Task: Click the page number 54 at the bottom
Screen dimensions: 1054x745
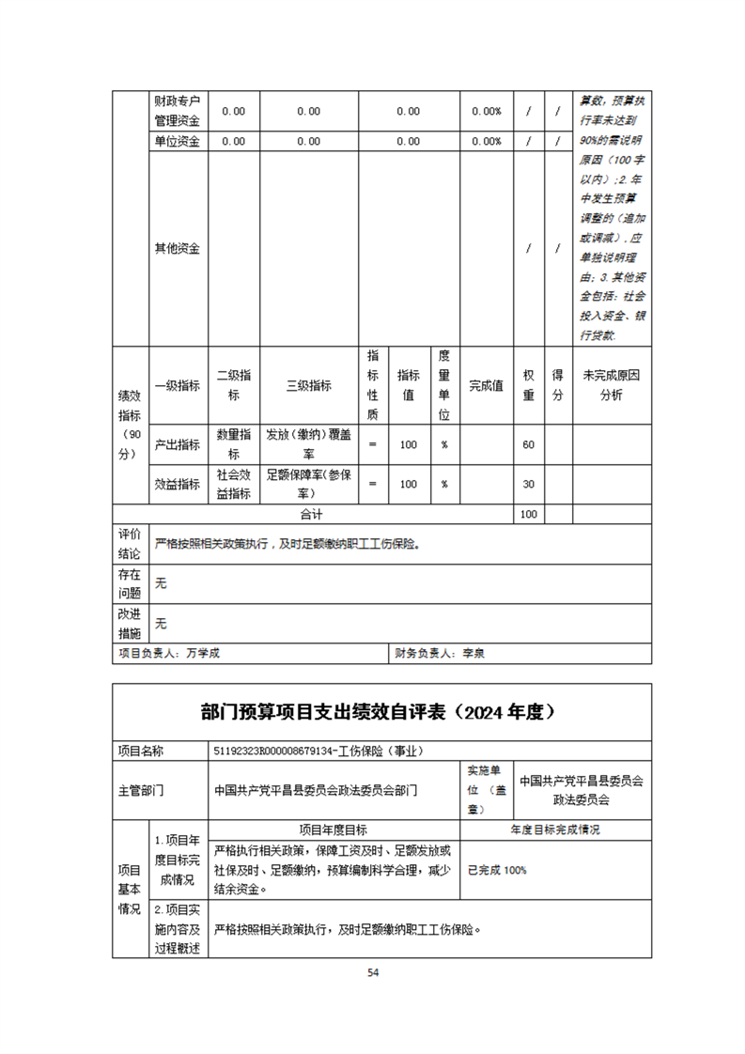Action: [x=373, y=972]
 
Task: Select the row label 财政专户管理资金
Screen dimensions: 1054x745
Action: [x=177, y=111]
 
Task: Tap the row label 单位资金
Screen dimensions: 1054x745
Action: [x=177, y=141]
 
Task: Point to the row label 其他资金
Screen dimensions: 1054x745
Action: [x=177, y=249]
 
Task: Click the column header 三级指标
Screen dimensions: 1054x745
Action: [x=309, y=385]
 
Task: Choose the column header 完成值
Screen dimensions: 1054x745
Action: [x=486, y=385]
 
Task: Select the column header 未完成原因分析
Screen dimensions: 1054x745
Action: [x=611, y=385]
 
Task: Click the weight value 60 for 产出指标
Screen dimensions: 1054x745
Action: [x=528, y=444]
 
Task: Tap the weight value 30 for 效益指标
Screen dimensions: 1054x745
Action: [x=528, y=484]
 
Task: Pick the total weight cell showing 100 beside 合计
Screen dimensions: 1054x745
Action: [x=528, y=515]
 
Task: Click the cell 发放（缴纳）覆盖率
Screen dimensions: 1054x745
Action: [x=309, y=444]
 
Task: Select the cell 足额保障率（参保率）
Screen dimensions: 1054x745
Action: [x=309, y=484]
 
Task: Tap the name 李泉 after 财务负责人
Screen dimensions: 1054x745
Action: [x=473, y=653]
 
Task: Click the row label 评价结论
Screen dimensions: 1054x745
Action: [x=129, y=544]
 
